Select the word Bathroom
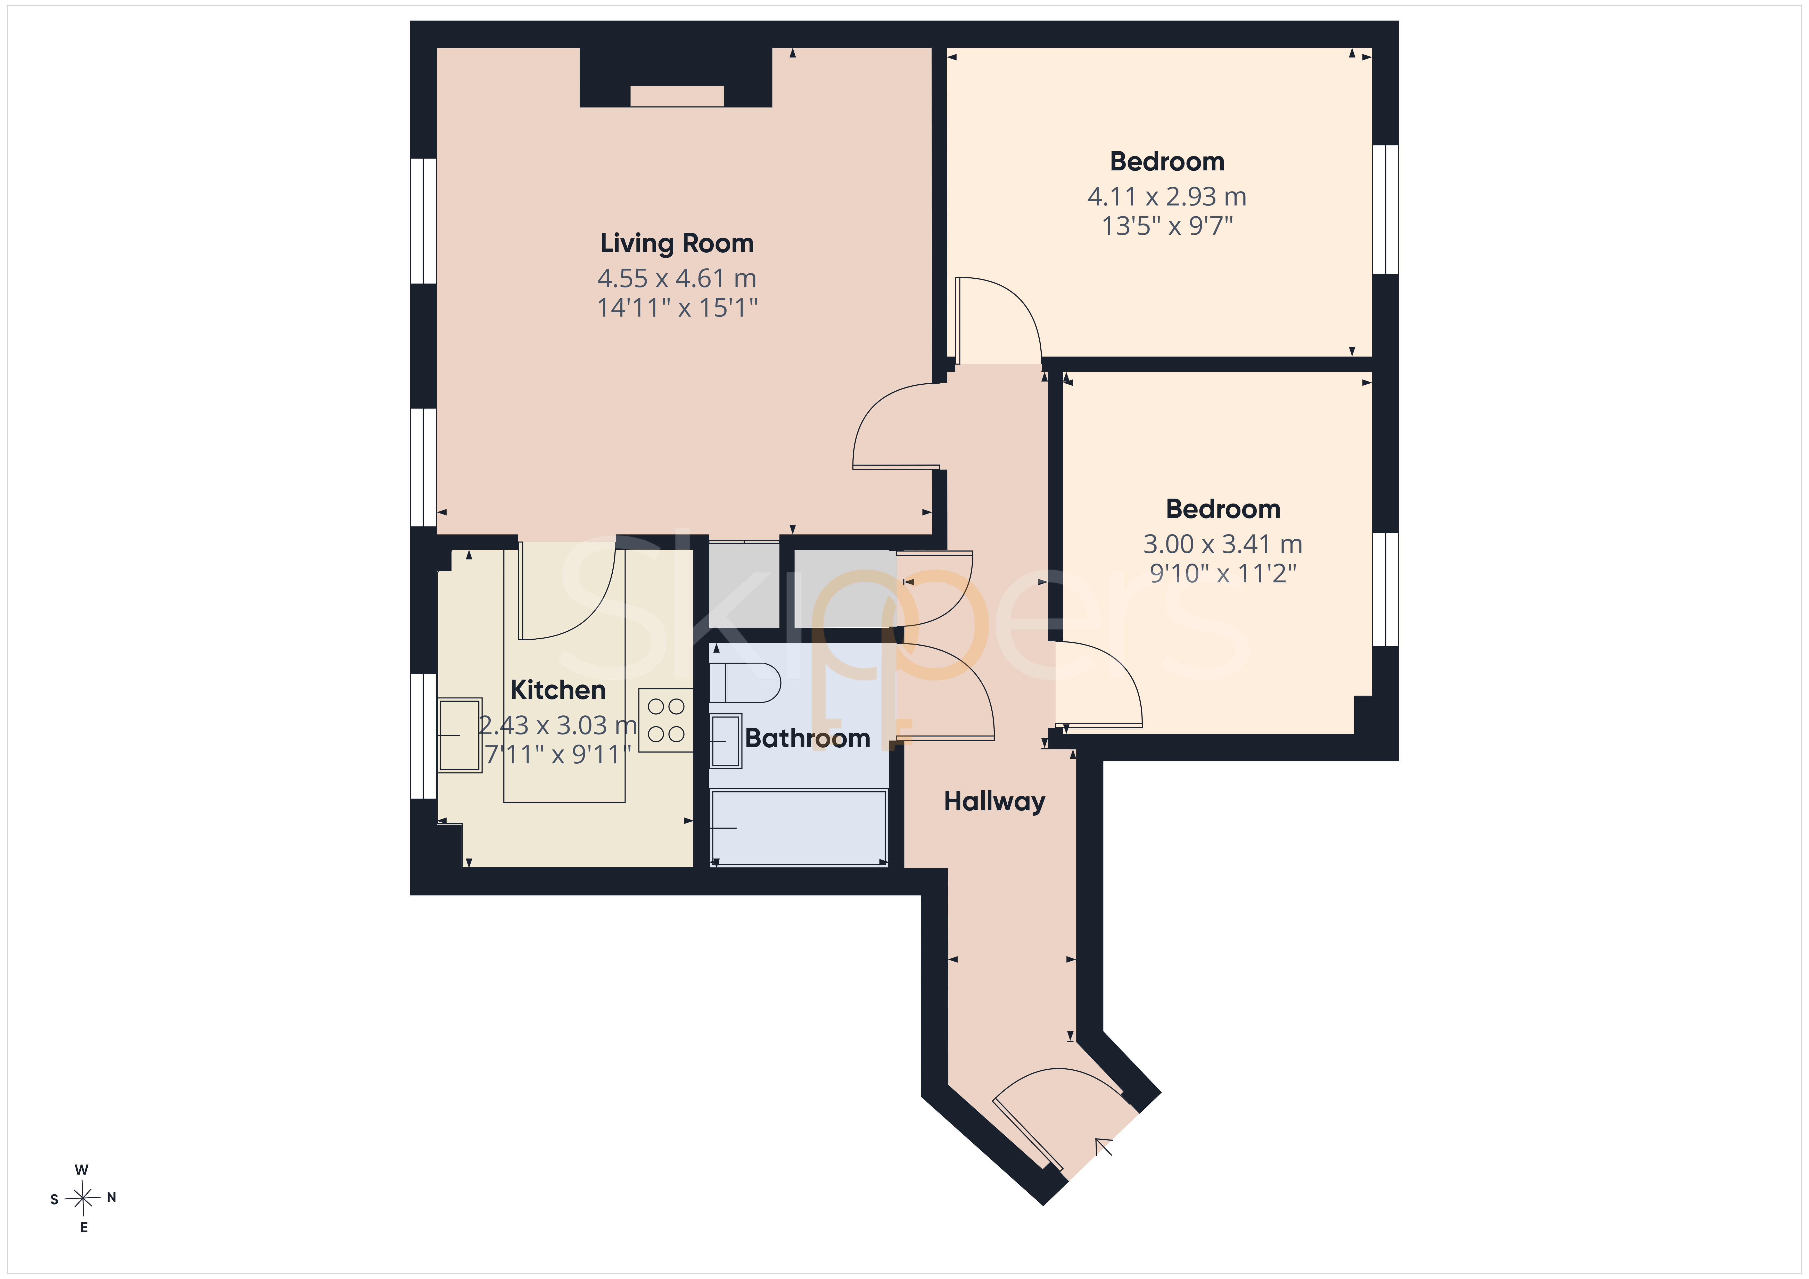point(808,738)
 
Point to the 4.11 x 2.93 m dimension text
point(1167,196)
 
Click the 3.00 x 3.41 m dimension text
point(1223,544)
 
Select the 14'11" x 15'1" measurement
point(677,307)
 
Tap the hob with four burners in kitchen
point(666,720)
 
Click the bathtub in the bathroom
point(799,828)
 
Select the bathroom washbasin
point(726,741)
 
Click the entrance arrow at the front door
point(1103,1146)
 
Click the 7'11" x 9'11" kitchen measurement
point(558,754)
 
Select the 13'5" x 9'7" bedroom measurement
point(1167,226)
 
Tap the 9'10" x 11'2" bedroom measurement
point(1223,573)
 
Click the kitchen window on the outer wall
point(423,736)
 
